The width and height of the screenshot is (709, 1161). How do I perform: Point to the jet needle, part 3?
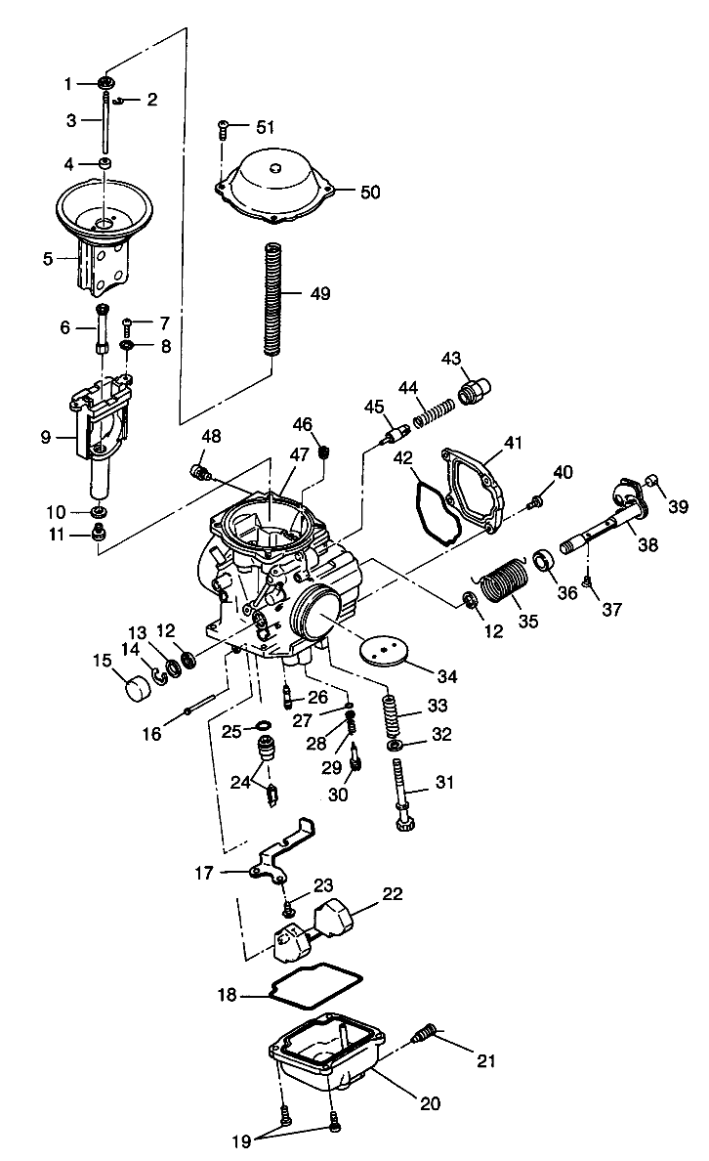pyautogui.click(x=102, y=127)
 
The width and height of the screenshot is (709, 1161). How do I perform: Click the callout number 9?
pyautogui.click(x=46, y=438)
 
